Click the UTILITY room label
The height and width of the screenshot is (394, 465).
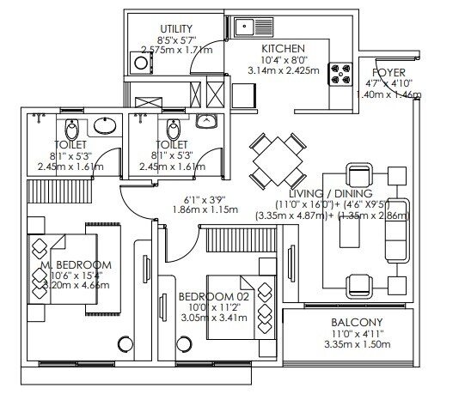[177, 29]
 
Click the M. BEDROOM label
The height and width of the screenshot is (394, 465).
[76, 264]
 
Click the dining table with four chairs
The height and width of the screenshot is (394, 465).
[276, 161]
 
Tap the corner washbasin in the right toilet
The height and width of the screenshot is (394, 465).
[207, 122]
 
